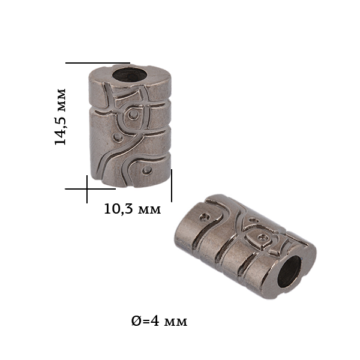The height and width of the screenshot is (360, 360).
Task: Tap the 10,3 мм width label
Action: tap(132, 209)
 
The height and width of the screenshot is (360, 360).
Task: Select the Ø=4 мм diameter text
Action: tap(159, 322)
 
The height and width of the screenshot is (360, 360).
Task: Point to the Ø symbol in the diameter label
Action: tap(136, 322)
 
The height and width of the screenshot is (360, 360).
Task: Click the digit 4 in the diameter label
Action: tap(154, 322)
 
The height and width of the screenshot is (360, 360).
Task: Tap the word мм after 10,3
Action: tap(150, 210)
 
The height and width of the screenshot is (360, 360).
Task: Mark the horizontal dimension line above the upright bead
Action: tap(98, 62)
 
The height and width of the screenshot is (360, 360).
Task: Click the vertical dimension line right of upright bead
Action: tap(172, 185)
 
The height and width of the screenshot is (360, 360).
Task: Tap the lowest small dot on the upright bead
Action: tap(146, 170)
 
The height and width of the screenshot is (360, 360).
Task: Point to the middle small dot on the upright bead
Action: tap(118, 138)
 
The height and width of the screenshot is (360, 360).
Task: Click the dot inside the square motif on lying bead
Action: tap(261, 239)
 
